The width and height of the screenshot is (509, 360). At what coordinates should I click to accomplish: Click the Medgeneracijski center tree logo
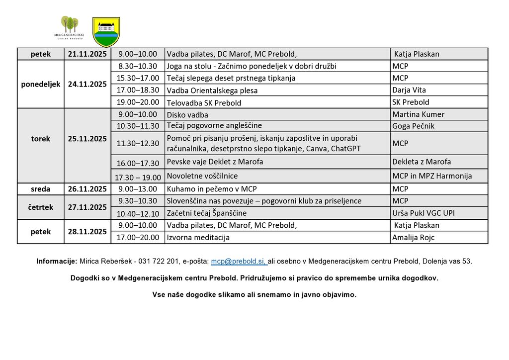click(70, 27)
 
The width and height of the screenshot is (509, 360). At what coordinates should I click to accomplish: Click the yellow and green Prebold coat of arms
click(106, 31)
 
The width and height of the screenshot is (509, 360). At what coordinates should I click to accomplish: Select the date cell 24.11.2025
click(87, 84)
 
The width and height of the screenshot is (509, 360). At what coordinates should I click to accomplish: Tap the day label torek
click(41, 139)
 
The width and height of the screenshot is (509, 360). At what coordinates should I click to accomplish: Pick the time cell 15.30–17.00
click(138, 78)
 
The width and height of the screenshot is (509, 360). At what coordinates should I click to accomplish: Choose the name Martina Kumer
click(418, 114)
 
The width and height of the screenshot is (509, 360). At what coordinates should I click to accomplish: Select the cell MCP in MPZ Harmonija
click(431, 176)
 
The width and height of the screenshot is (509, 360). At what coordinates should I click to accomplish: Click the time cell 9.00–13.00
click(138, 189)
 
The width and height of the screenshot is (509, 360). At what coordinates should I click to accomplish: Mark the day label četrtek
click(41, 207)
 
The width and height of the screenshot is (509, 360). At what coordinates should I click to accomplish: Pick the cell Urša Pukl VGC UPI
click(424, 213)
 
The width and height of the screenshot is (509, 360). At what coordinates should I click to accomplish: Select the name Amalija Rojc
click(413, 238)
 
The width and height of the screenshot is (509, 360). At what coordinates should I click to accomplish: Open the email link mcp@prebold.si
click(239, 261)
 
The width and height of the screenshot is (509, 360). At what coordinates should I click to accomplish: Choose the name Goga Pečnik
click(413, 126)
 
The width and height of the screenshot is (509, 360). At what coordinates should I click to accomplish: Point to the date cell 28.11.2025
click(87, 231)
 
